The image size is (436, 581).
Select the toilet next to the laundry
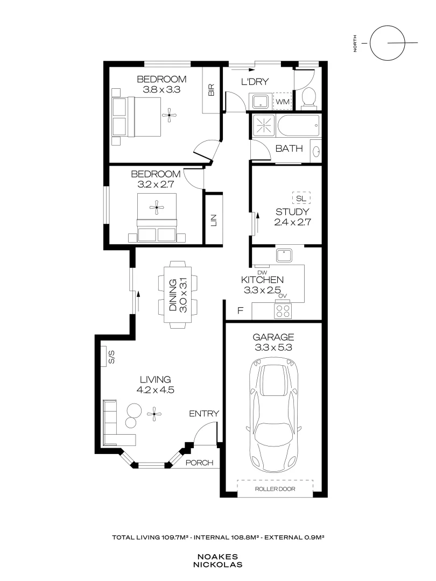(308, 97)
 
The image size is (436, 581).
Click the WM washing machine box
(283, 101)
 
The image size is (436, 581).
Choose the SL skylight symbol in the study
(301, 199)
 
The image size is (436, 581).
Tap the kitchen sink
(283, 254)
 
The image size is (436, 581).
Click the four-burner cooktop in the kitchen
(283, 310)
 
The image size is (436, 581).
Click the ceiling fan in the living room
(155, 413)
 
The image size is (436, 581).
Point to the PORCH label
(199, 463)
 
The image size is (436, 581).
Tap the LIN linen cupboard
(213, 220)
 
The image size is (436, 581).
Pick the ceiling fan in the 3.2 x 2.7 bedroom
(157, 207)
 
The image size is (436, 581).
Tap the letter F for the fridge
(241, 311)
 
